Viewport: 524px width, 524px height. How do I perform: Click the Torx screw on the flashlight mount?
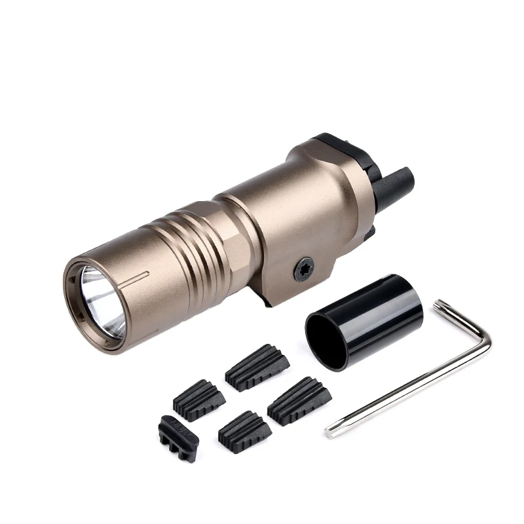(x=303, y=269)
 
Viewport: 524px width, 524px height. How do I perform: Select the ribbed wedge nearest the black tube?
(x=298, y=400)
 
